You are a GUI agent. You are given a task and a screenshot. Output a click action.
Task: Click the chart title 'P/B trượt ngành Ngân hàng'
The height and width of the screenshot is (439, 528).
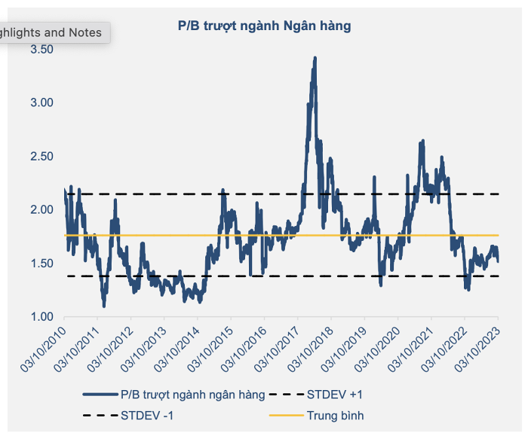(x=264, y=26)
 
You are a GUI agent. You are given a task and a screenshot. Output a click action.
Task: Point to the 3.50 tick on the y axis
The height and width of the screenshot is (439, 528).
(x=41, y=49)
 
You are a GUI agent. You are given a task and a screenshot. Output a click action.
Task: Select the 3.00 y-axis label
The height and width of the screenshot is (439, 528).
(x=41, y=102)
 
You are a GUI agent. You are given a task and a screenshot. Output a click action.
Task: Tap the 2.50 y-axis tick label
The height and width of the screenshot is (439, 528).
(x=41, y=156)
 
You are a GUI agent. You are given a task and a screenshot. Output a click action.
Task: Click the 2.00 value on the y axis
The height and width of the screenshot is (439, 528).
(x=41, y=209)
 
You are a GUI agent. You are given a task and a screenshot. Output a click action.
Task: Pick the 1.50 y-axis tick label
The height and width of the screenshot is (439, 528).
(x=41, y=263)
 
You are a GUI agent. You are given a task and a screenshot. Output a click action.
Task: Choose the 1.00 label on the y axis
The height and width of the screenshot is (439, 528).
(x=41, y=316)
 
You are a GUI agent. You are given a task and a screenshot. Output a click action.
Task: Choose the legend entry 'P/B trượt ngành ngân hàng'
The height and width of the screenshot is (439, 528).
(x=192, y=394)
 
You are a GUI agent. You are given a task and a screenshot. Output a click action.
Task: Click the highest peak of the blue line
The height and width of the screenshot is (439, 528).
(x=314, y=59)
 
